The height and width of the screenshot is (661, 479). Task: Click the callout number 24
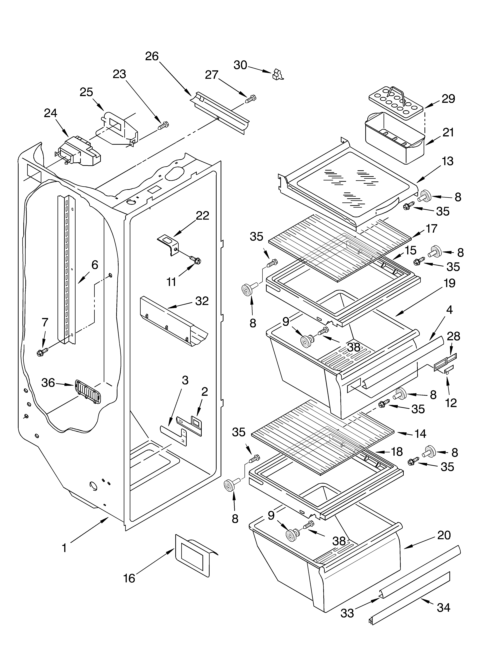[51, 113]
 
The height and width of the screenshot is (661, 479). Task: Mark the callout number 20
[444, 535]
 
